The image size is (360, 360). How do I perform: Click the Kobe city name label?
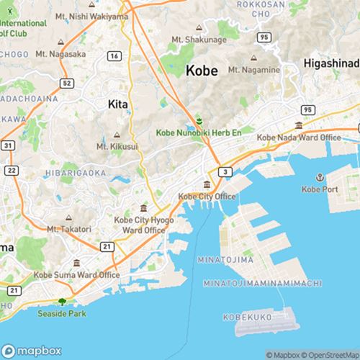(x=205, y=71)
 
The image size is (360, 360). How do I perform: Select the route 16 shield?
(x=114, y=56)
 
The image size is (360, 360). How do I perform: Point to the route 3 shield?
(x=226, y=171)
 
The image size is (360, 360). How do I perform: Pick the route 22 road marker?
(x=12, y=169)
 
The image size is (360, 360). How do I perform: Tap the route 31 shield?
(x=8, y=145)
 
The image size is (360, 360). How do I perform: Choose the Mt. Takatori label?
(x=69, y=228)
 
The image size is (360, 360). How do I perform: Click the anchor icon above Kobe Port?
(x=318, y=177)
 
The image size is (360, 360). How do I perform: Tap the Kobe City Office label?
(x=207, y=196)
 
